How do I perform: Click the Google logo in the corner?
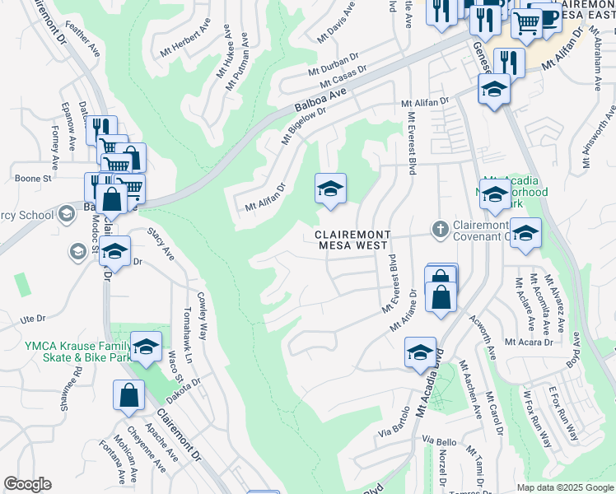click(27, 484)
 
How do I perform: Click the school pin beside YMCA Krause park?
click(146, 348)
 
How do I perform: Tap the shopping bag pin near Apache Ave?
click(129, 397)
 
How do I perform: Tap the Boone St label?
click(33, 178)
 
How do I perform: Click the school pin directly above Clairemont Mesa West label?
click(330, 189)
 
